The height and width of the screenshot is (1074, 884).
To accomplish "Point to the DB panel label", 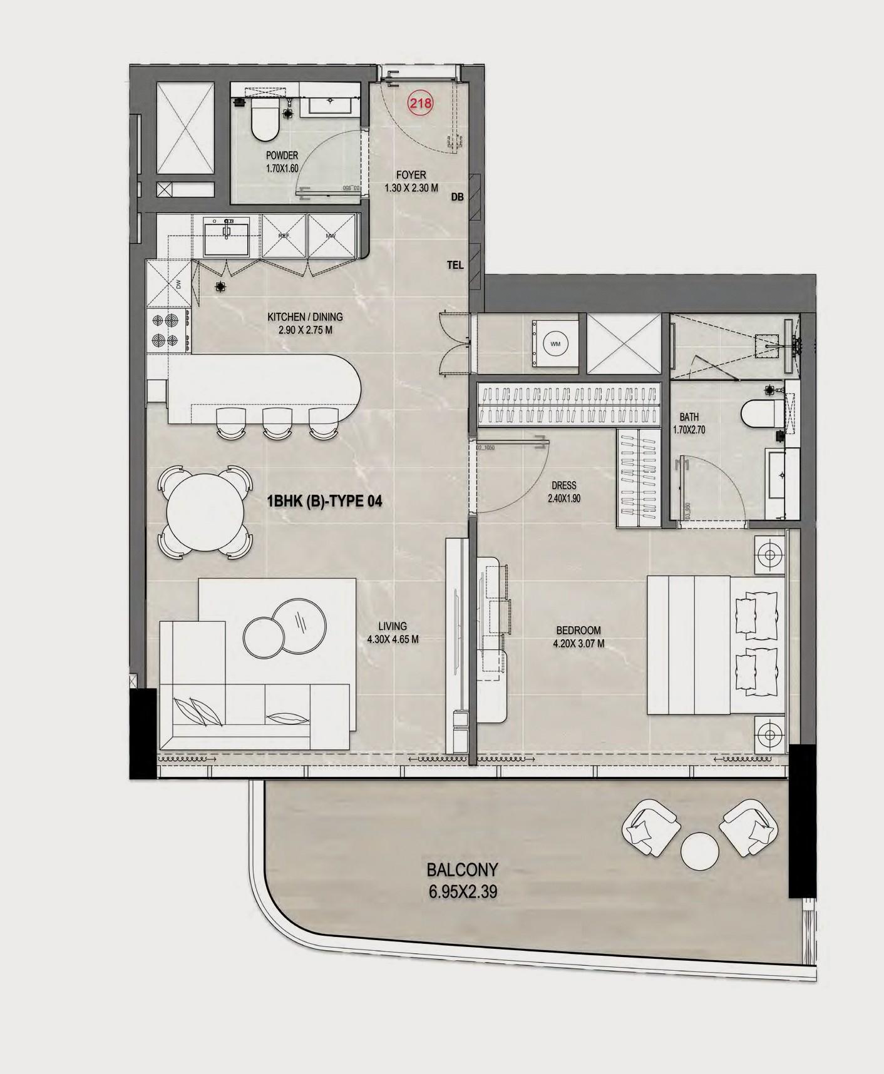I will pos(457,197).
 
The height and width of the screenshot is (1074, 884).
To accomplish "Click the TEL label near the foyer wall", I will pos(455,265).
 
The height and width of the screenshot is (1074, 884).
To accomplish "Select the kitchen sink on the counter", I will pos(226,237).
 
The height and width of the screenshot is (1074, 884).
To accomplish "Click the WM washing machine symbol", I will pos(555,344).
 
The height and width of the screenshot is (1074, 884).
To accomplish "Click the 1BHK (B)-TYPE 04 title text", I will pos(324,501).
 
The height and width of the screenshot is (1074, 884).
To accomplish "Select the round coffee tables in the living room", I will pos(285,627).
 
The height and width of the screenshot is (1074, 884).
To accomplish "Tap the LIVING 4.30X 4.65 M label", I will pos(393,632).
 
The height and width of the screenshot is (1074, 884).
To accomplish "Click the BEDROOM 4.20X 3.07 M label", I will pos(578,636).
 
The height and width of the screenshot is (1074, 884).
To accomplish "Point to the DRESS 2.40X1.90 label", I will pos(563,492).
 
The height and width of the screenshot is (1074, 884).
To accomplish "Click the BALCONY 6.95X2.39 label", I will pos(462,880).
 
